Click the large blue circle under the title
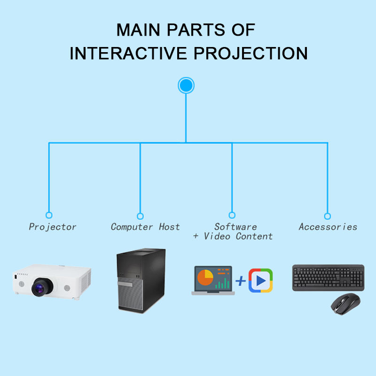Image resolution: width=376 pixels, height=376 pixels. pos(186,85)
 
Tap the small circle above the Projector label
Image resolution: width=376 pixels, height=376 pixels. pos(49,215)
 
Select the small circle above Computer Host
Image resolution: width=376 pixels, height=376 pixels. pos(140,216)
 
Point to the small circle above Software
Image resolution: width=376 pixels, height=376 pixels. pos(232,215)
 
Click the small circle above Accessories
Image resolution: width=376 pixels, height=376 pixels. pos(328,216)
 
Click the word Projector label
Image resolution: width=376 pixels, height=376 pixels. pos(53,227)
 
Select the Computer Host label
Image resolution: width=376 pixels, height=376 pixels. pos(145,227)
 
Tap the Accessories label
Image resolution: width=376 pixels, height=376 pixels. pos(328,227)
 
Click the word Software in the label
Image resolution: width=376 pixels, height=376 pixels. pos(235,227)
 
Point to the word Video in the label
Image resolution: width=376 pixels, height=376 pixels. pos(218,236)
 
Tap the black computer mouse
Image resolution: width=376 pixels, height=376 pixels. pos(345,305)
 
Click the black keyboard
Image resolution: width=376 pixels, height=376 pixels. pos(328,277)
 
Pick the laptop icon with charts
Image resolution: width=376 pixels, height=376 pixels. pos(213,281)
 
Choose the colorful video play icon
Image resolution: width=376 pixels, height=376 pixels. pos(260,281)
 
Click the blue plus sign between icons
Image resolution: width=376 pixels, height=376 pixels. pos(241,281)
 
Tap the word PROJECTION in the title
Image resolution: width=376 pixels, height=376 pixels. pos(250,53)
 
